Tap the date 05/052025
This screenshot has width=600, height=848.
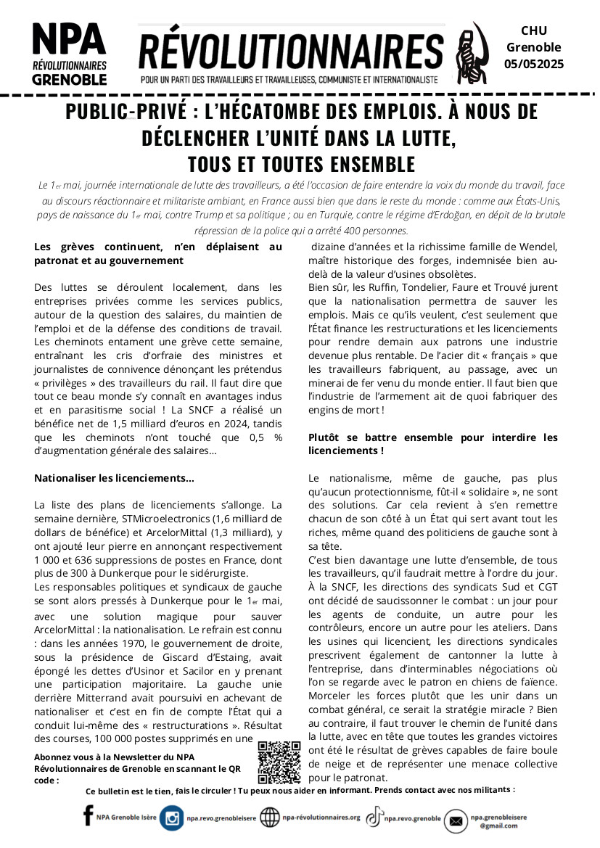(534, 64)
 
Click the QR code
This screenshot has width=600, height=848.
(279, 762)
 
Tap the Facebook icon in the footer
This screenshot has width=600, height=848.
(88, 816)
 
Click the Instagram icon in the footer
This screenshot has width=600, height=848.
(172, 818)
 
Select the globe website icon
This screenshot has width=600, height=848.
(269, 818)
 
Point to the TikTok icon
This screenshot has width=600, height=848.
(374, 818)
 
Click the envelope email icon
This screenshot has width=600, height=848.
(456, 820)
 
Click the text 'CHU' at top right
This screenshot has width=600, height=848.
(534, 30)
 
